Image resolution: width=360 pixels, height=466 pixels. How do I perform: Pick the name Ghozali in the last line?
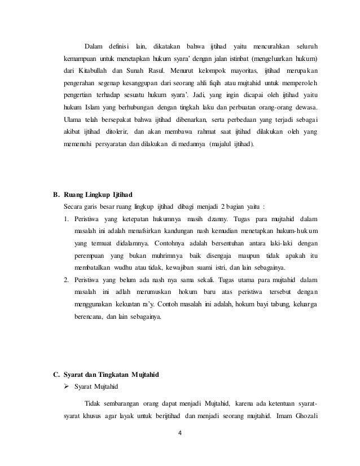303,416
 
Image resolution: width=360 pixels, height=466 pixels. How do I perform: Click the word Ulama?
72,119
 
